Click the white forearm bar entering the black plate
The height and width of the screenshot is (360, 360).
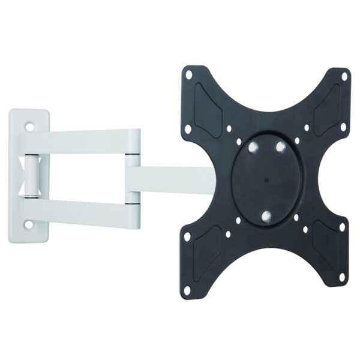174,178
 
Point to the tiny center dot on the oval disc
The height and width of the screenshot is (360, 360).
265,178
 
